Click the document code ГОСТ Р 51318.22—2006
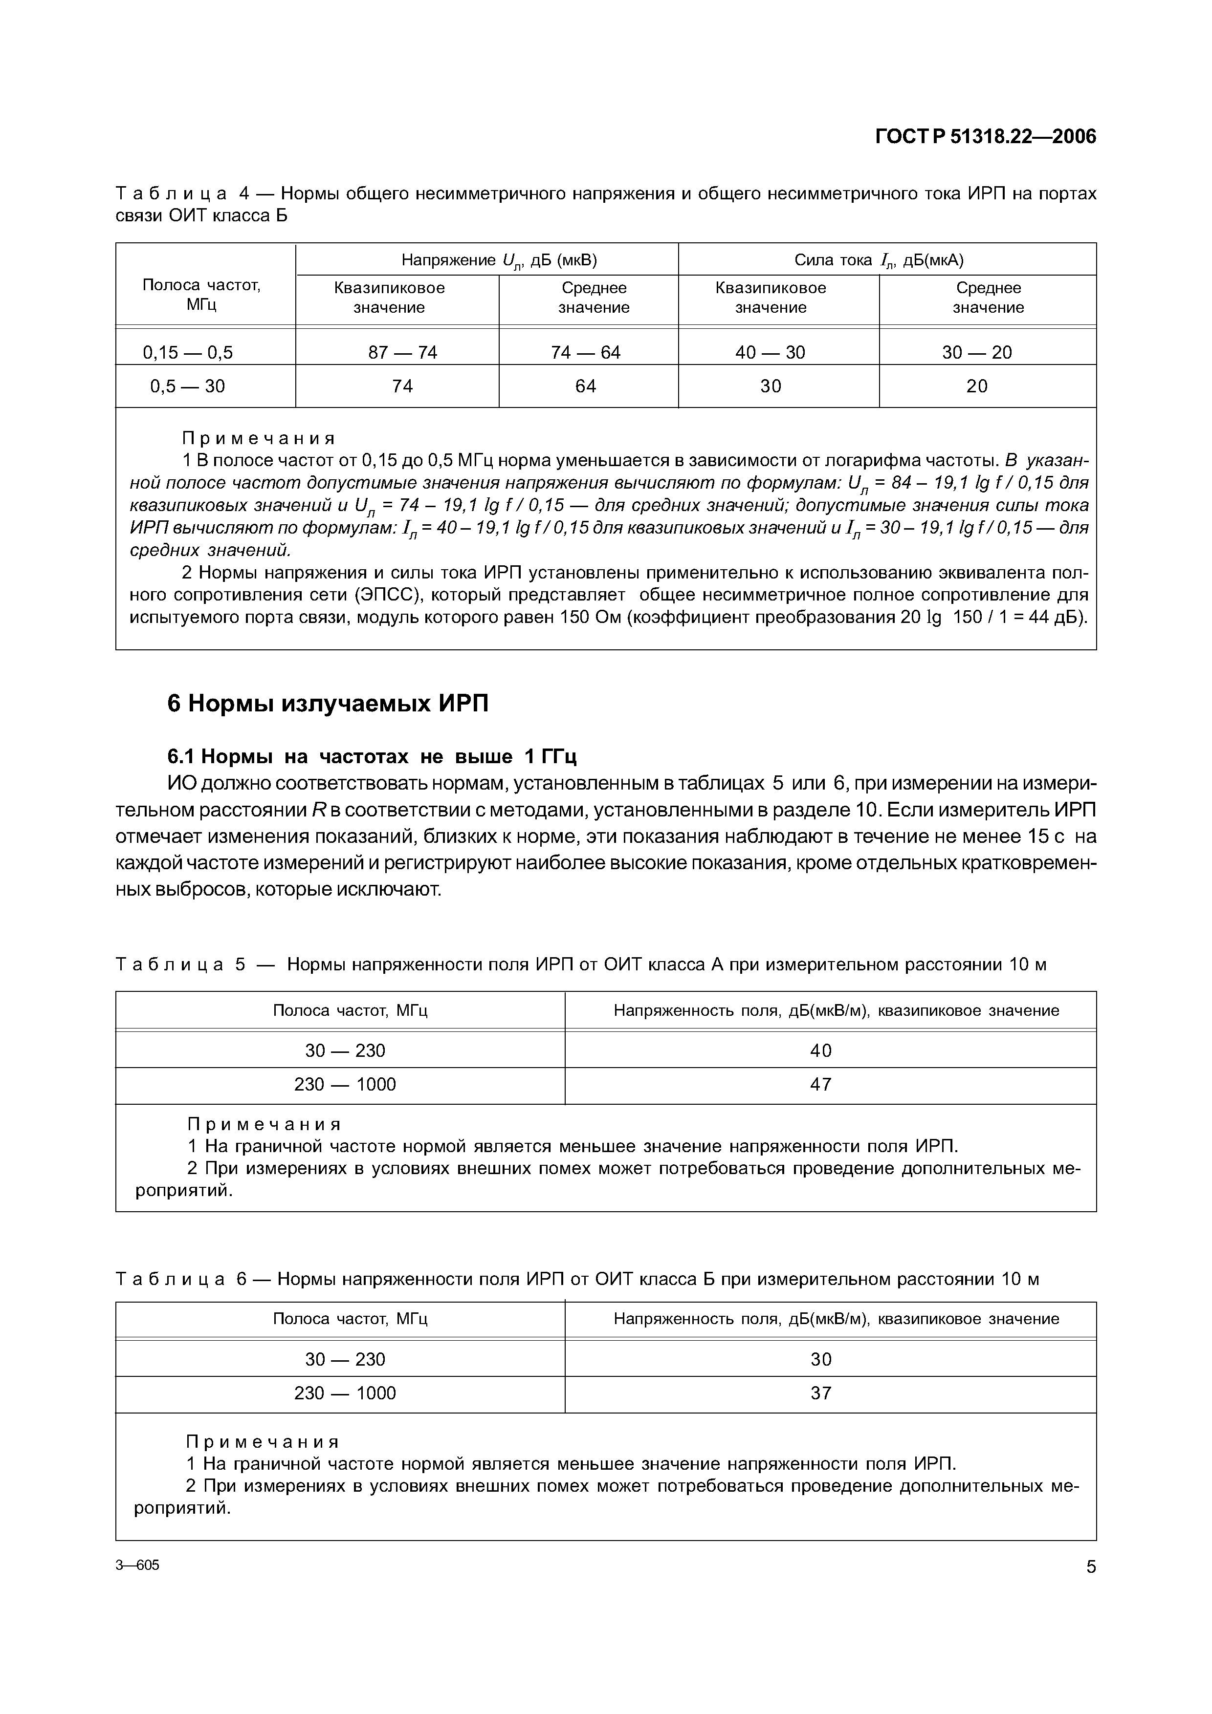(985, 137)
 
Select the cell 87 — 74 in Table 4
(402, 352)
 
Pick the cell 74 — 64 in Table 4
(585, 352)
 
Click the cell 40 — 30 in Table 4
(770, 352)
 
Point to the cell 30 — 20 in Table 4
(977, 352)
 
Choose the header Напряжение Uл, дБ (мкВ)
(499, 260)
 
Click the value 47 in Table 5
(821, 1085)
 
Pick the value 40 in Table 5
(821, 1051)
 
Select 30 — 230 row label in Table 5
(345, 1051)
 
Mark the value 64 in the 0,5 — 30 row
(585, 386)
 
